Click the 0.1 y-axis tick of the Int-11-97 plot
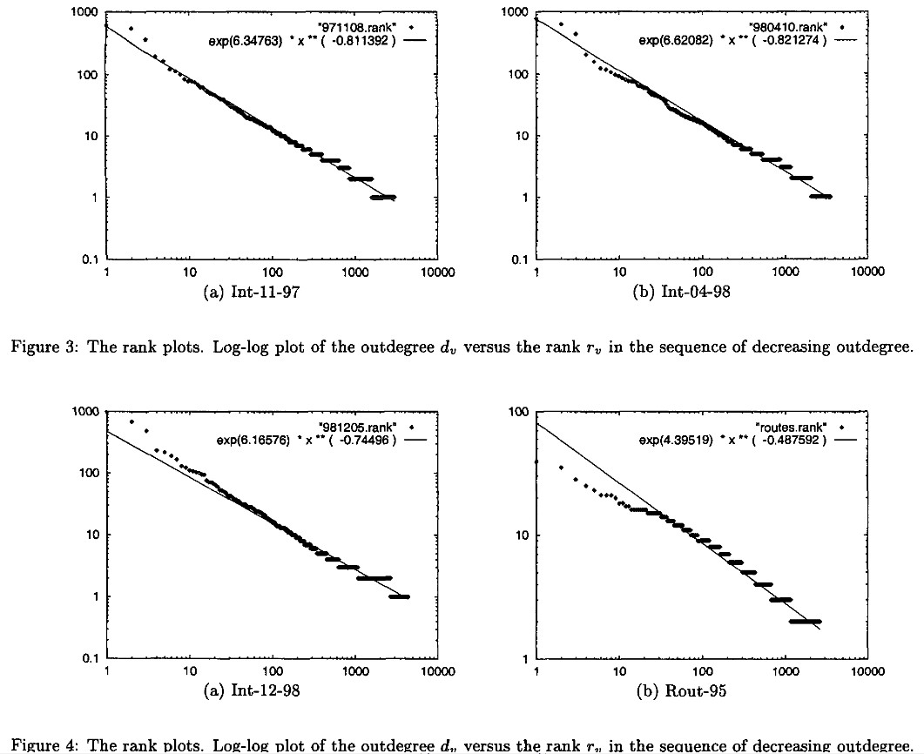click(85, 259)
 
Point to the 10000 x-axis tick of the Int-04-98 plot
click(868, 272)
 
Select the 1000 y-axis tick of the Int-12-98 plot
click(82, 412)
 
